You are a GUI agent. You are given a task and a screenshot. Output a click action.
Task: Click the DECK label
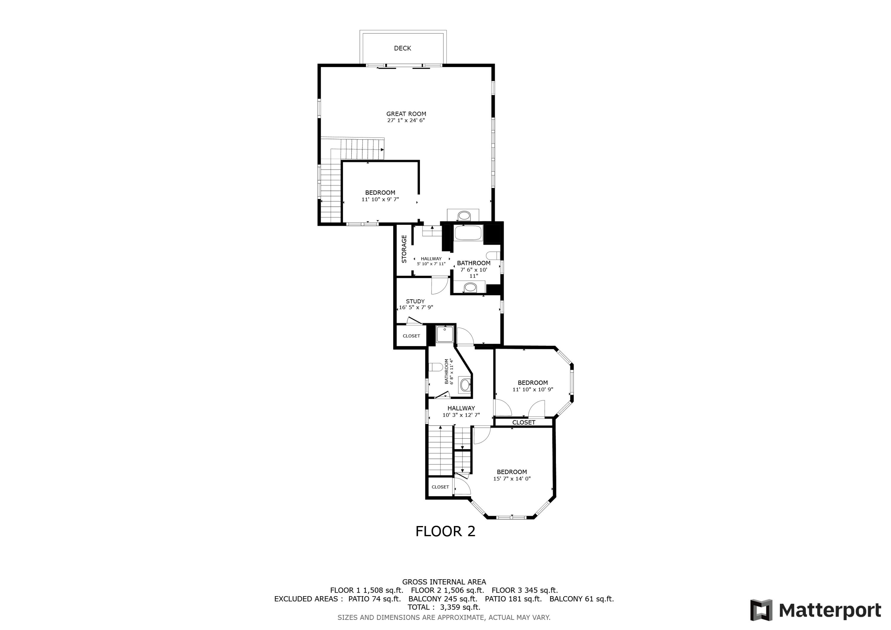pos(402,48)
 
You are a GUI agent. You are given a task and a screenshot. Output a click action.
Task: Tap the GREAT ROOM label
pos(406,114)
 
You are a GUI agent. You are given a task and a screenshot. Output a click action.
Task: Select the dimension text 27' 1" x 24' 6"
pos(406,121)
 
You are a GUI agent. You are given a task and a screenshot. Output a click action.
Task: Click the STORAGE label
pos(404,249)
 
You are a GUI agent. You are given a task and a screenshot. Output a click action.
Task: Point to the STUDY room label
pos(415,301)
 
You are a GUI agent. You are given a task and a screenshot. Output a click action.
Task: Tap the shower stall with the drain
pos(444,334)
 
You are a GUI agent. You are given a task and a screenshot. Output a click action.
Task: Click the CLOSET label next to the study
pos(411,336)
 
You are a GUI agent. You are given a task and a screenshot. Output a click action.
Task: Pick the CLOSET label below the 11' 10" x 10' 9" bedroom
pos(524,422)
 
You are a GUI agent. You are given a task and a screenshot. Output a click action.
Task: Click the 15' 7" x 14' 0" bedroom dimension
pos(511,479)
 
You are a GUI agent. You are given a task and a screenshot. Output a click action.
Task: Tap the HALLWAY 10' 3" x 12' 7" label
pos(461,411)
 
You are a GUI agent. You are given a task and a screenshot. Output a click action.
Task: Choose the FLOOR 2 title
pos(445,531)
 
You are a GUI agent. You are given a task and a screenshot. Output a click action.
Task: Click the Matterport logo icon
pos(761,610)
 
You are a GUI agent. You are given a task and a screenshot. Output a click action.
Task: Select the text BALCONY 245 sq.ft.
pos(443,599)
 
